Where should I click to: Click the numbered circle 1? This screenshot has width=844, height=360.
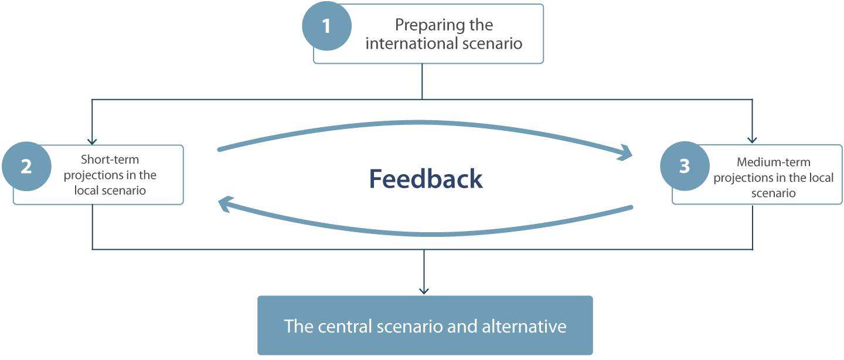pos(326,26)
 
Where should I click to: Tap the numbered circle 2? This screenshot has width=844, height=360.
pos(26,167)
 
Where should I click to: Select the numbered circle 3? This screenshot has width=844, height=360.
pos(685,166)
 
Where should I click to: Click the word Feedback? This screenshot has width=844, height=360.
pos(426,179)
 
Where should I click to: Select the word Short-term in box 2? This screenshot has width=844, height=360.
pos(110,159)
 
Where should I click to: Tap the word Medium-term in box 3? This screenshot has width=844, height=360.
pos(774,162)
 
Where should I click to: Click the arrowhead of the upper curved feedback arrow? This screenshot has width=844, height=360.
pos(625,153)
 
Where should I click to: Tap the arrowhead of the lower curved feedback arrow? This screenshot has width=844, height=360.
pos(225,203)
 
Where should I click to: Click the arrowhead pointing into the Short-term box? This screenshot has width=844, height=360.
pos(92,142)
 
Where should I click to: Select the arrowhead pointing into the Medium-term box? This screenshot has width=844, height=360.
pos(752,140)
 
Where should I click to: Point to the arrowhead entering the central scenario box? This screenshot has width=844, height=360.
pos(424,291)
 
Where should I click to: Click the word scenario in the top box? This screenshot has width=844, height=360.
pos(492,43)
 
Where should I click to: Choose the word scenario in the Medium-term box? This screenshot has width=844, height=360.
pos(774,193)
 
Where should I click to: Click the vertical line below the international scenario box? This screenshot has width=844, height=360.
pos(422,81)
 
